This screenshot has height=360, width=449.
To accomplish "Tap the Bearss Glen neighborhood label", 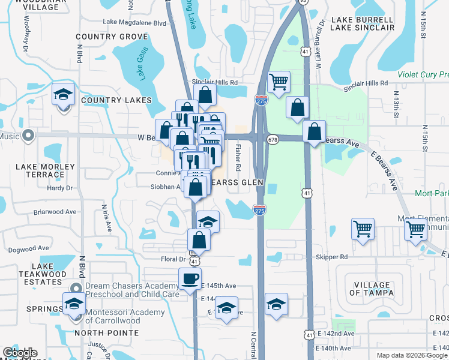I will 237,182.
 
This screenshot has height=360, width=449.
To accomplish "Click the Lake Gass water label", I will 141,67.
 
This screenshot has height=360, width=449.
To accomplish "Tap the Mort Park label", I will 431,194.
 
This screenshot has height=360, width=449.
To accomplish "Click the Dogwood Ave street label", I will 29,248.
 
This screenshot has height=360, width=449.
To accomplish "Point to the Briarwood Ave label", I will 55,212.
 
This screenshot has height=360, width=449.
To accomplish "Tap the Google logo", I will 20,353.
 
